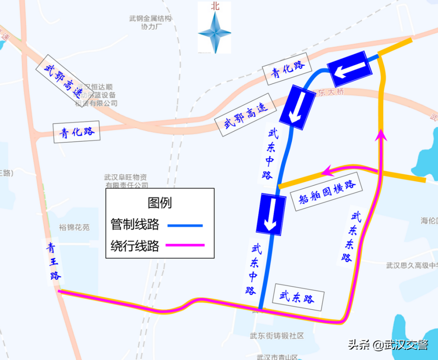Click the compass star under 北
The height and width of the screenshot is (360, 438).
click(x=215, y=33)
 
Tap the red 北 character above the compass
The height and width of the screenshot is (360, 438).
click(x=215, y=6)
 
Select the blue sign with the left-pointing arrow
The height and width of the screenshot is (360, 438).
click(x=350, y=69)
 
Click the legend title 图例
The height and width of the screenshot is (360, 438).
click(x=160, y=202)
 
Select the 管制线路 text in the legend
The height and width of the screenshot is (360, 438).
click(x=135, y=224)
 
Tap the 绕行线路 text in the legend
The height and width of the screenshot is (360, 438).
click(x=135, y=246)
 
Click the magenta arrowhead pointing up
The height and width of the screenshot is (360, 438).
click(x=381, y=135)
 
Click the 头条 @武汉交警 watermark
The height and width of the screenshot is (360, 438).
click(x=388, y=345)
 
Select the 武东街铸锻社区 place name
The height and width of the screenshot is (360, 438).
click(x=277, y=336)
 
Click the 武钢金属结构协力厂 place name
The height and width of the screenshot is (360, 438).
click(x=150, y=23)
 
